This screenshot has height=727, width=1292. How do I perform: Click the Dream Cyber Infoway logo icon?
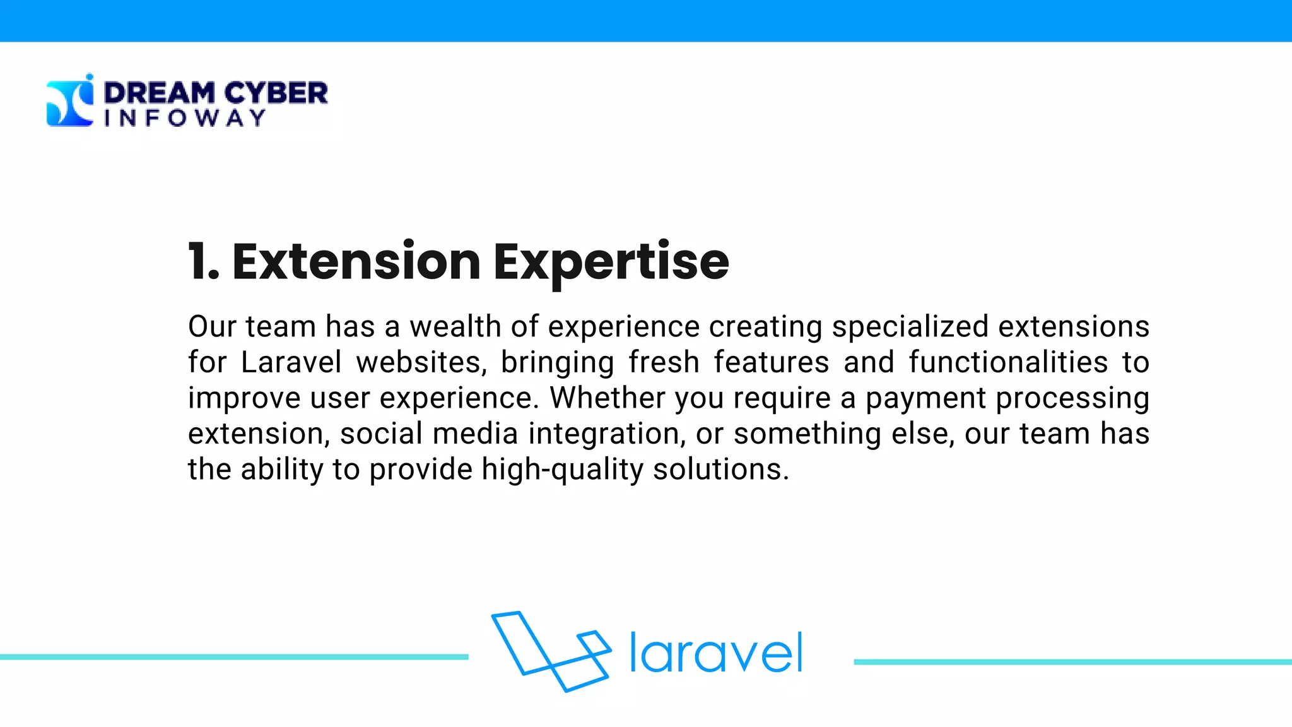click(70, 101)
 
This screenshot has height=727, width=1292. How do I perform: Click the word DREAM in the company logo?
click(159, 93)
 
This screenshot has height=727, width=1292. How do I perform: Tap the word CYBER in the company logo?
click(276, 93)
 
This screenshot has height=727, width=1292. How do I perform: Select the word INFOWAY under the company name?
click(184, 118)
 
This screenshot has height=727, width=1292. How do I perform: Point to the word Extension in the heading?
click(356, 261)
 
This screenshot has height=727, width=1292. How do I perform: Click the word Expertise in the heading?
click(611, 263)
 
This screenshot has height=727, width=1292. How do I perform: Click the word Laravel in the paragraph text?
click(291, 363)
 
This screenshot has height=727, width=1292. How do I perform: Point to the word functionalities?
click(1007, 363)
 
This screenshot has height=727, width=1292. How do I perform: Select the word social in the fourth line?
click(381, 434)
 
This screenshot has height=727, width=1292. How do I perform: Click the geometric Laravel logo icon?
click(551, 651)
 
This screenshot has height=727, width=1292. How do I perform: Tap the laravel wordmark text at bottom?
click(716, 653)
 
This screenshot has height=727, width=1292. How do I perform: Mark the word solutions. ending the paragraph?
click(720, 470)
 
